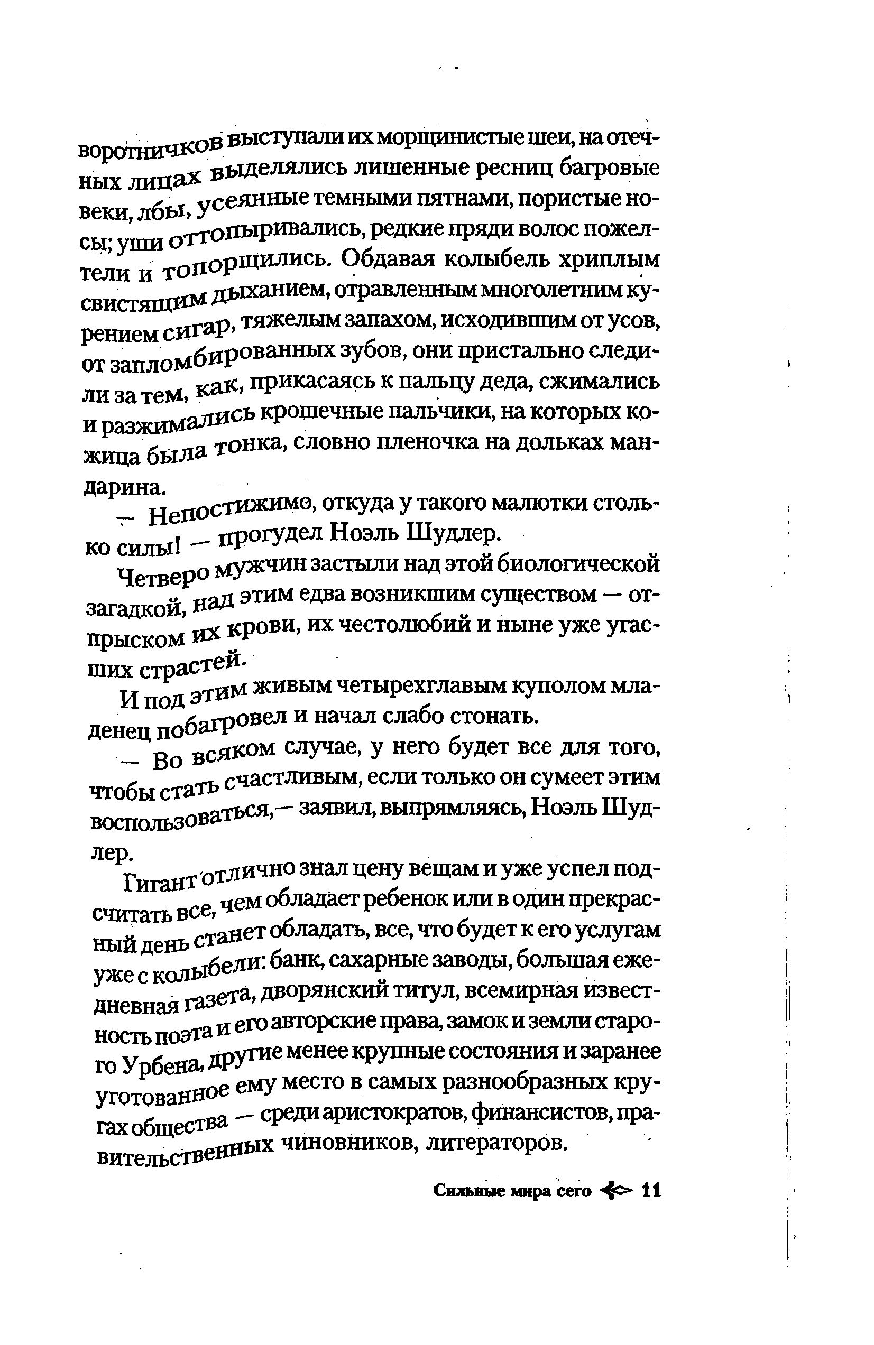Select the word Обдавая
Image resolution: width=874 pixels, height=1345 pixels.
[x=387, y=261]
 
